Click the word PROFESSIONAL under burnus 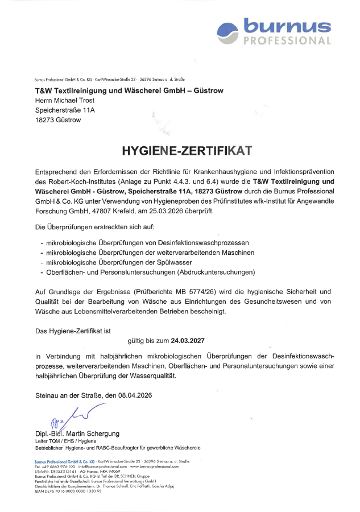[287, 41]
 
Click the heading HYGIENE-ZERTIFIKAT [186, 151]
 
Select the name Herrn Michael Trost [65, 101]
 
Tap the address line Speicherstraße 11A [64, 110]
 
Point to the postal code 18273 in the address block [44, 120]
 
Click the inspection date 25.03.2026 [184, 210]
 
